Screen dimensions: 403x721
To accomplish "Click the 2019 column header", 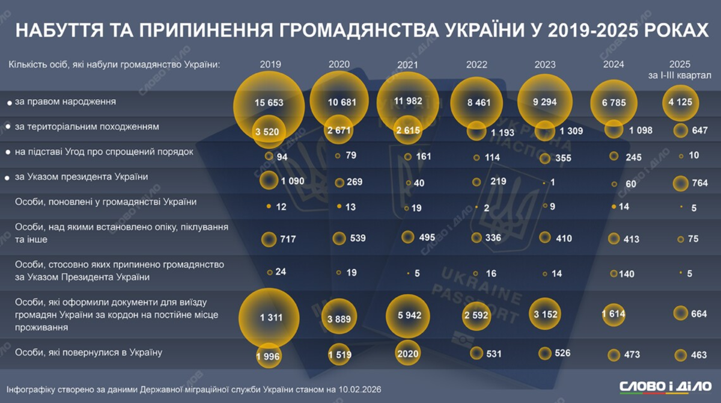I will pos(270,64).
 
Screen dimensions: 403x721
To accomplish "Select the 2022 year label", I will pos(476,64).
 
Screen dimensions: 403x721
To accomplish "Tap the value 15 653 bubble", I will pos(268,103).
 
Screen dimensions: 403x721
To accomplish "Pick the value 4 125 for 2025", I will pos(680,102).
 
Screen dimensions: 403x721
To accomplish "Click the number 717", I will pos(288,239).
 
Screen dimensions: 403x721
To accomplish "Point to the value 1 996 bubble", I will pos(269,356).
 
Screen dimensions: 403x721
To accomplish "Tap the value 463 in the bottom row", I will pos(699,355).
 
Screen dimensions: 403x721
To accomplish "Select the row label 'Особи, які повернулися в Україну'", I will pos(88,352).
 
